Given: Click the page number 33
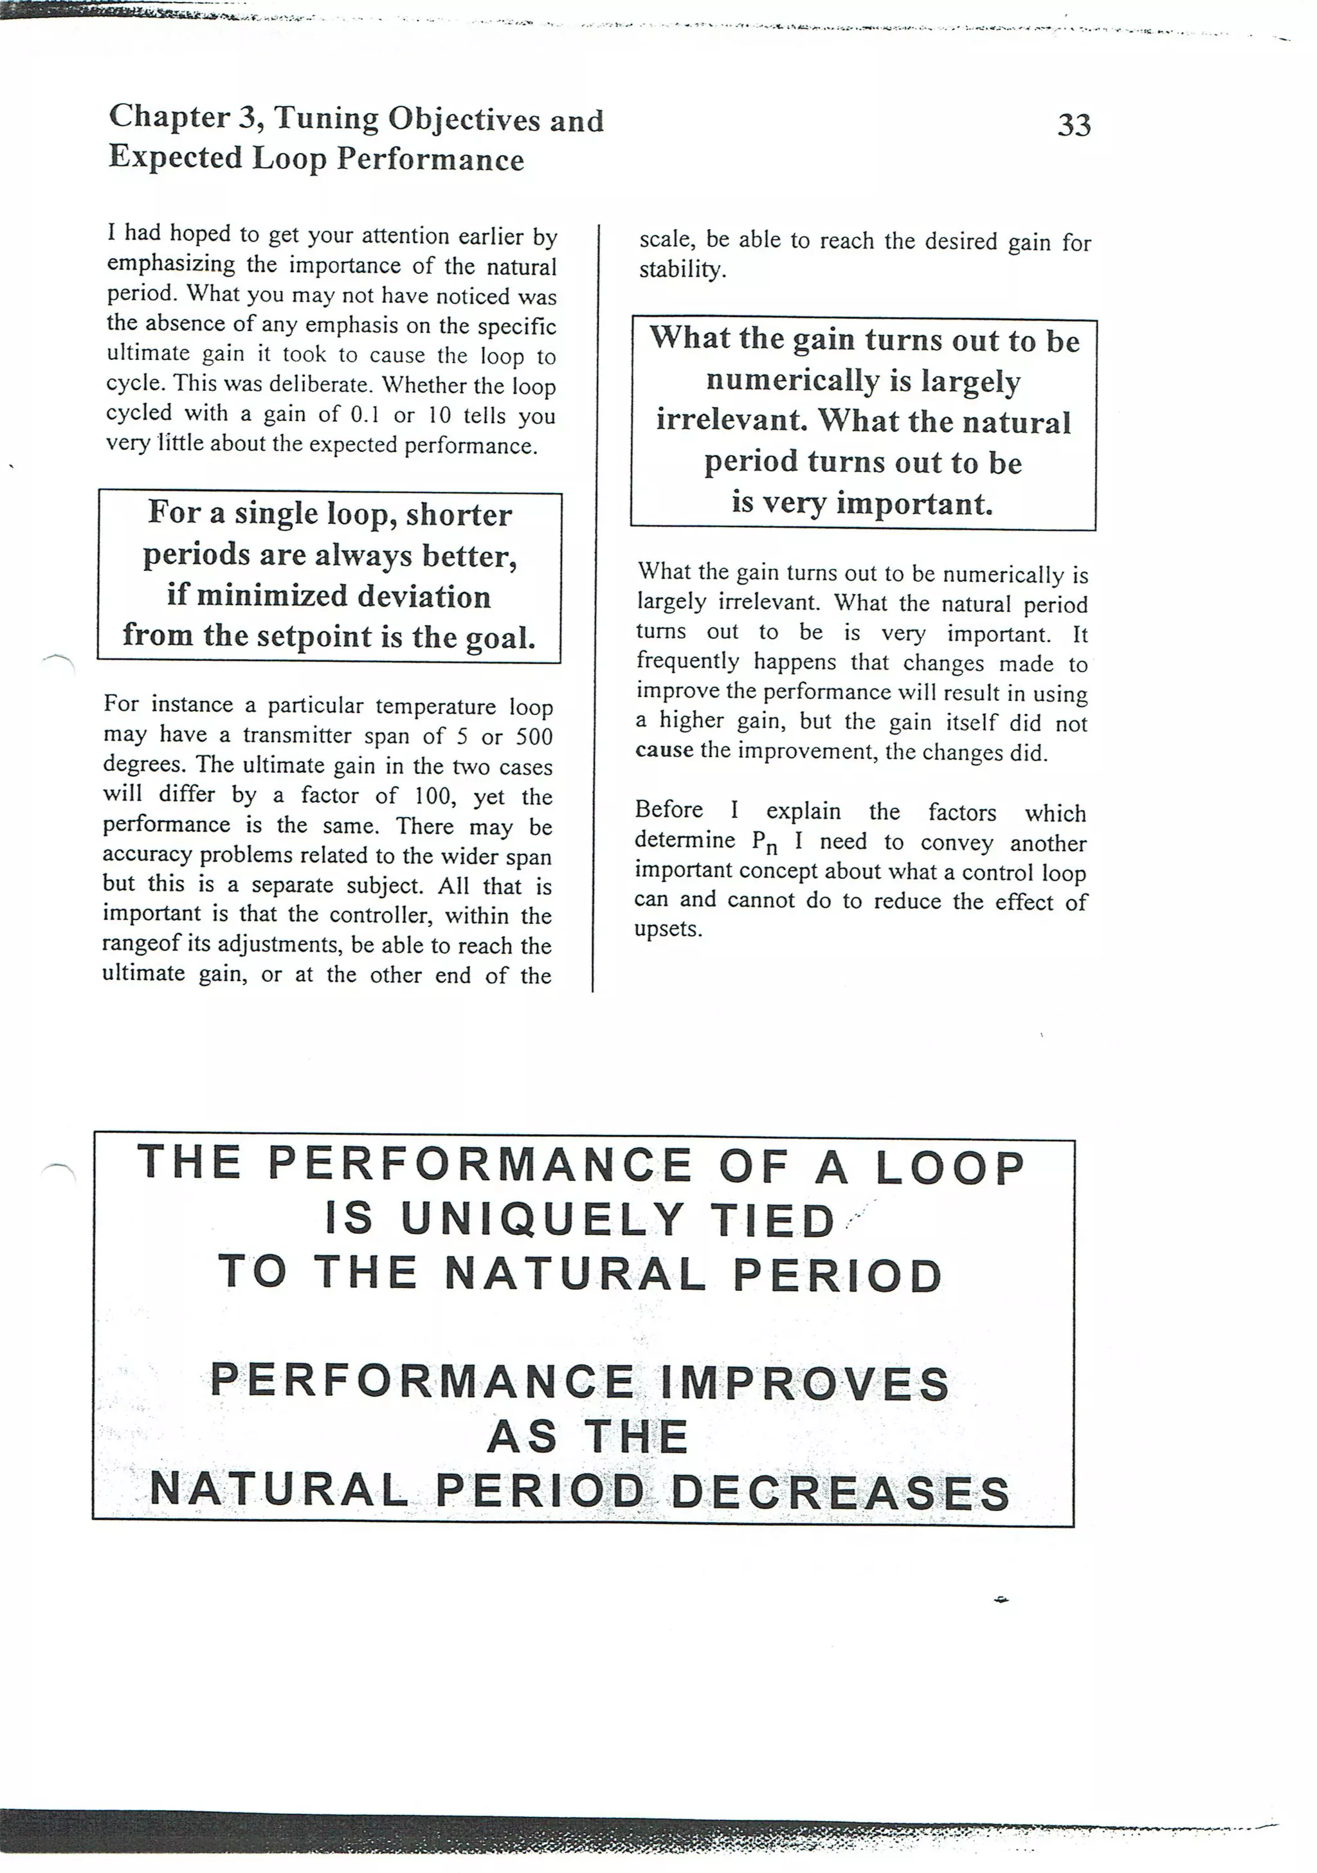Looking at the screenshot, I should tap(1074, 125).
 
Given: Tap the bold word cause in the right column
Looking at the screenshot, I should tap(664, 750).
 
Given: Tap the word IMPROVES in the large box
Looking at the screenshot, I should tap(804, 1384).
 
